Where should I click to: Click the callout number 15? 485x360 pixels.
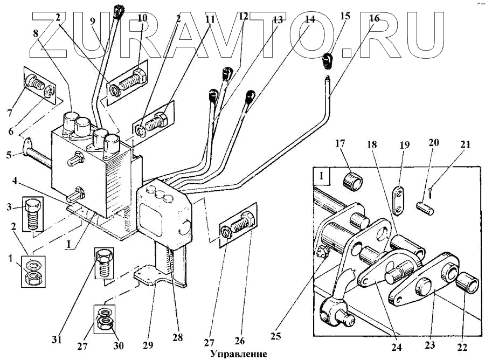tap(345, 16)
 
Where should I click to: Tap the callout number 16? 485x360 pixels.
tap(374, 18)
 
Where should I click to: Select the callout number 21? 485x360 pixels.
tap(465, 144)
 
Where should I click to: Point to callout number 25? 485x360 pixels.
tap(275, 336)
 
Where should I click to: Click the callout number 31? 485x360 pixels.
tap(57, 340)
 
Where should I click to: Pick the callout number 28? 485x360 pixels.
tap(177, 337)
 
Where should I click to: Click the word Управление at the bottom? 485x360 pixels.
tap(238, 354)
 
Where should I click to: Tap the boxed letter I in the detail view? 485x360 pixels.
tap(321, 176)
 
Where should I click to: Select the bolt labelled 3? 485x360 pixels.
tap(33, 214)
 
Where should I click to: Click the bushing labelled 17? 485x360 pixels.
tap(352, 181)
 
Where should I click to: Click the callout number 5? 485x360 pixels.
tap(9, 154)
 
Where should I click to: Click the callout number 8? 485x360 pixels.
tap(36, 32)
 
